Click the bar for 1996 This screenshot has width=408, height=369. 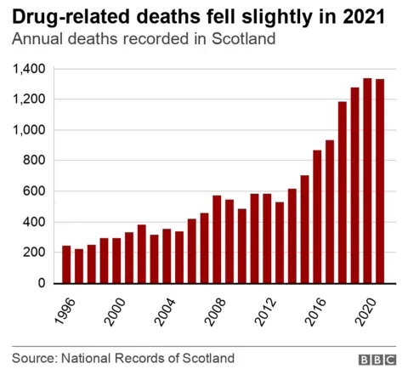point(66,264)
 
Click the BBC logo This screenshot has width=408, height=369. point(377,359)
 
